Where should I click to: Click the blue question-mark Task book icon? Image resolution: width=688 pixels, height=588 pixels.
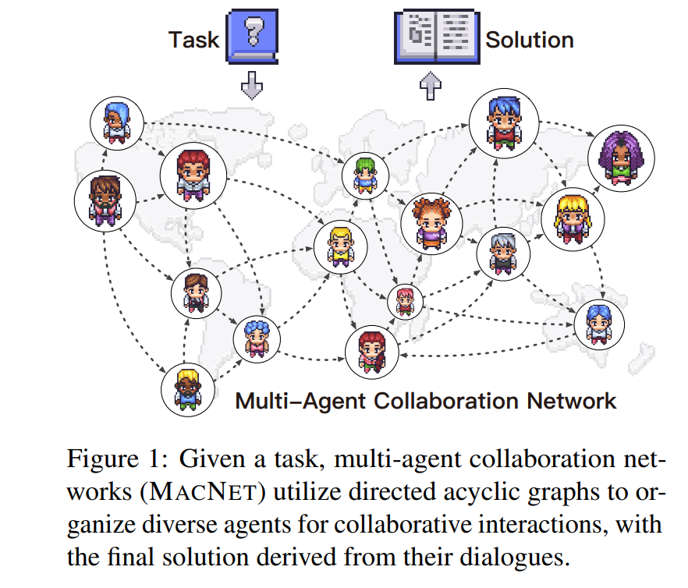pyautogui.click(x=251, y=37)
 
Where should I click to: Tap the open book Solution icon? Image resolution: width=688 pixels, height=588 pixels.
pyautogui.click(x=437, y=38)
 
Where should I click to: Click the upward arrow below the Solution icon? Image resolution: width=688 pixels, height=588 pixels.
pyautogui.click(x=431, y=86)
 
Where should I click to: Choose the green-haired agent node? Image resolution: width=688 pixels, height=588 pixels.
pyautogui.click(x=365, y=174)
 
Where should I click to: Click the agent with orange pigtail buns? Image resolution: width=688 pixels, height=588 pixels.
pyautogui.click(x=427, y=220)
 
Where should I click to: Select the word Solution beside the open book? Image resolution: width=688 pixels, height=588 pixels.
pyautogui.click(x=530, y=40)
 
